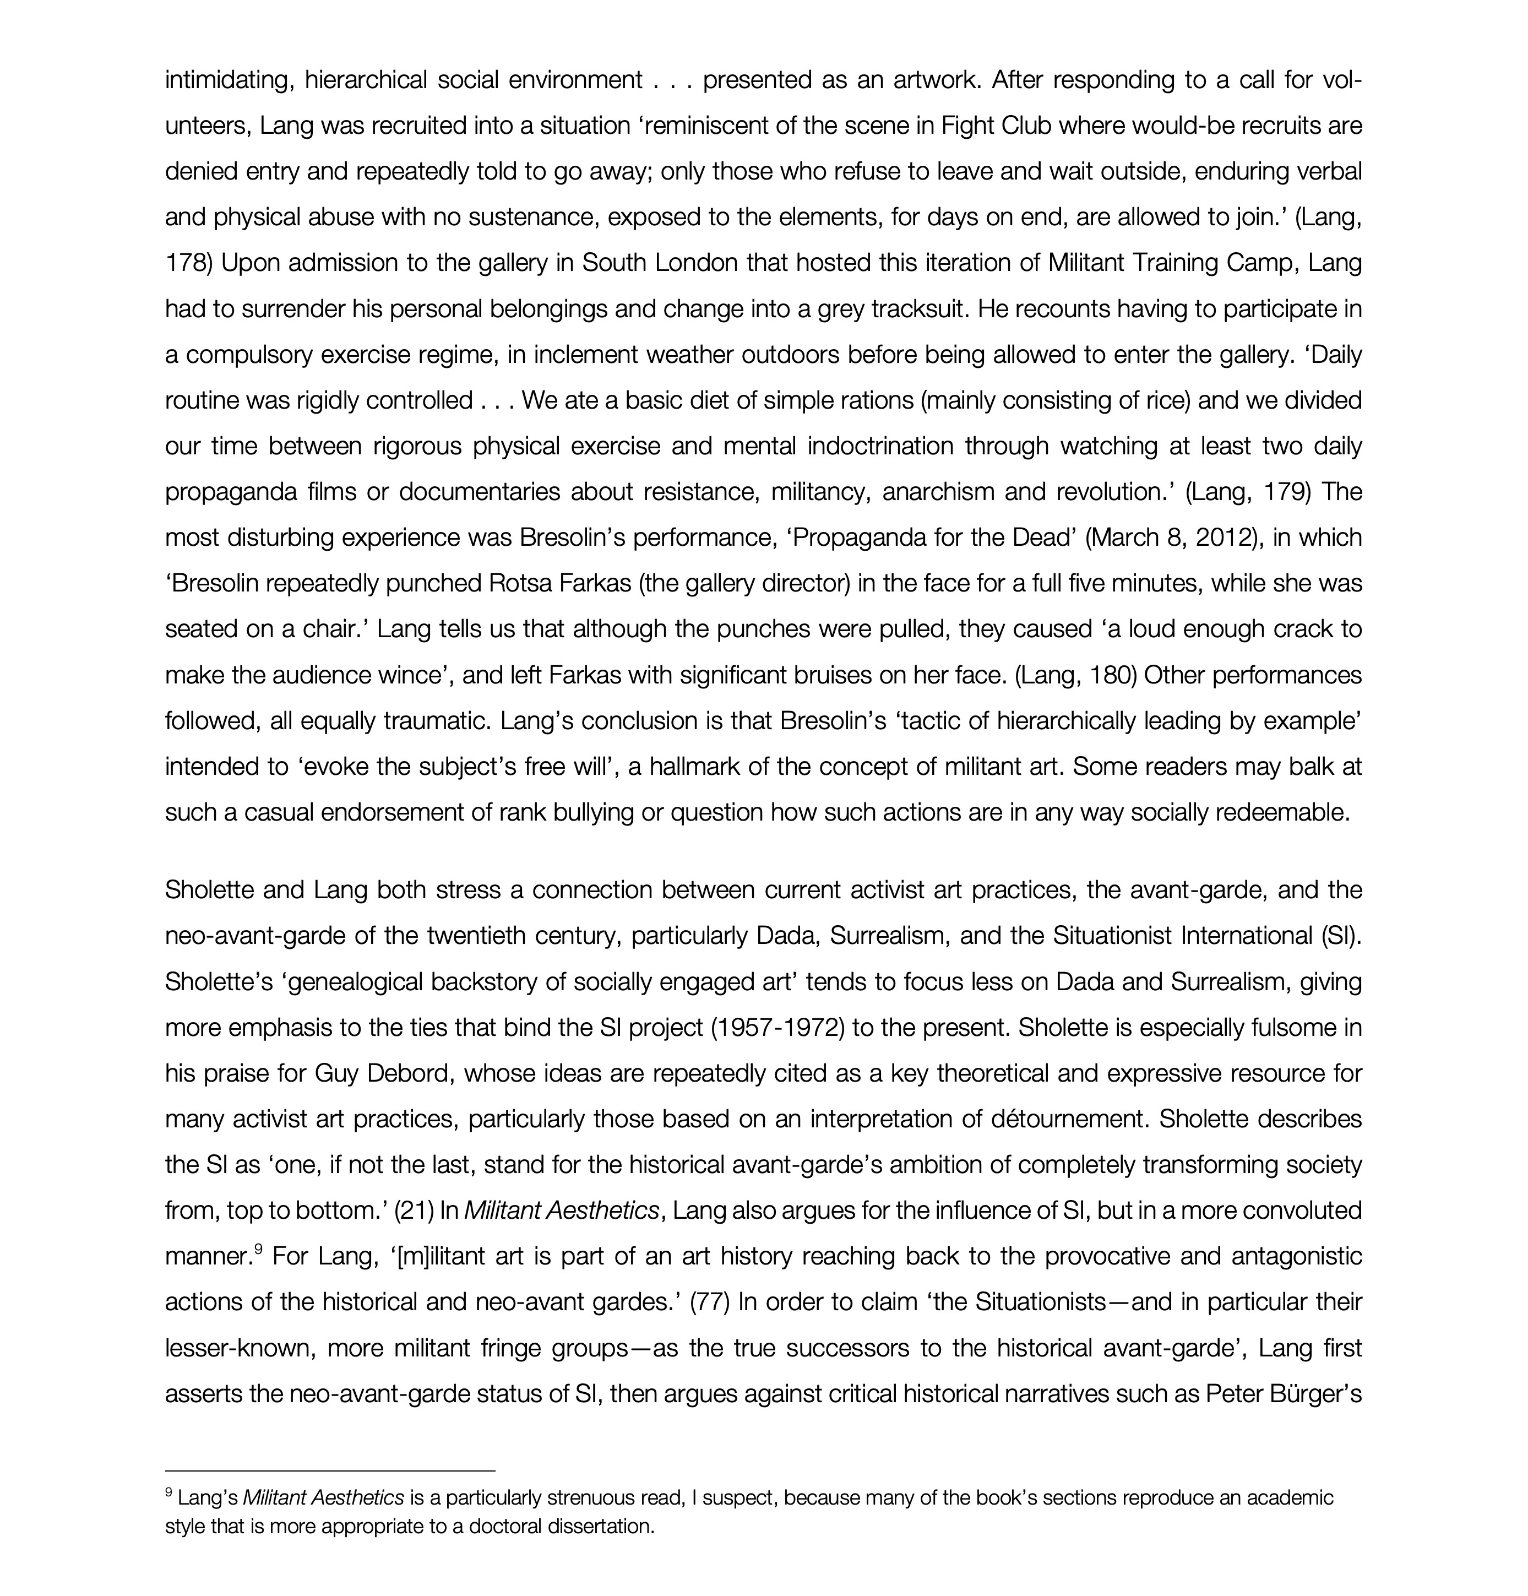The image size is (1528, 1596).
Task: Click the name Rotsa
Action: pos(519,584)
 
